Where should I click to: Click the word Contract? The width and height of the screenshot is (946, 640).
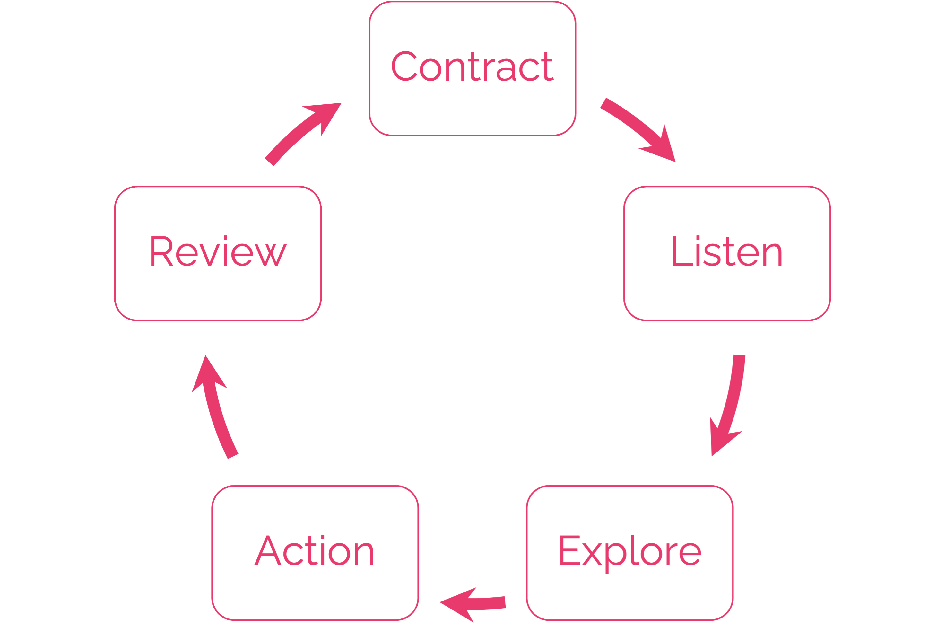pos(472,67)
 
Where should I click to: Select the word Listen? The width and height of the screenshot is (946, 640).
pos(727,252)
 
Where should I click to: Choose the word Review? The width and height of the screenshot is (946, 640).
pos(218,252)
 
